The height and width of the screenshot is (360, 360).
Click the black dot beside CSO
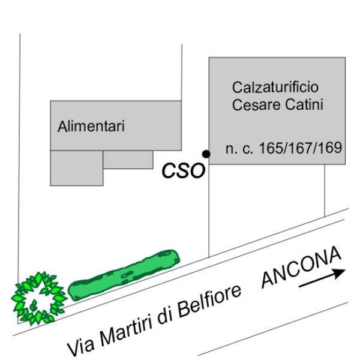click(206, 154)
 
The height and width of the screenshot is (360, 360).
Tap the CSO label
click(183, 171)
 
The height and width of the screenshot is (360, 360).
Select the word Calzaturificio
click(275, 86)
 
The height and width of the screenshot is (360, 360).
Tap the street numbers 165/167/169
click(300, 148)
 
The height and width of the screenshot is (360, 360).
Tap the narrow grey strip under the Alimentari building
click(128, 159)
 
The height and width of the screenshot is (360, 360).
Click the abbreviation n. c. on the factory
click(239, 149)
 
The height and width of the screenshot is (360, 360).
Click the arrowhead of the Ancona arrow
click(340, 272)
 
